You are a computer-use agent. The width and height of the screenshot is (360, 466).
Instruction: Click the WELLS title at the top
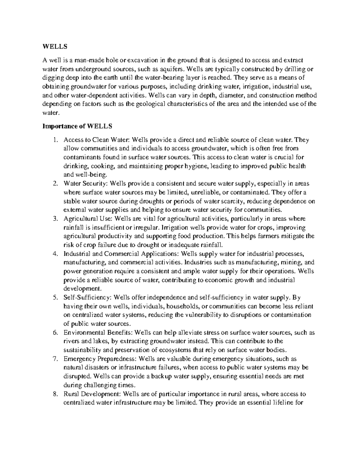[55, 47]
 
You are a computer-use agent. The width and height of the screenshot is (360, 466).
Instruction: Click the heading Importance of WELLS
[77, 126]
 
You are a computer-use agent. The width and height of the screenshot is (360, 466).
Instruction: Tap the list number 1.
[55, 140]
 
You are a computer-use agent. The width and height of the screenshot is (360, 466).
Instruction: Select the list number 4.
[55, 254]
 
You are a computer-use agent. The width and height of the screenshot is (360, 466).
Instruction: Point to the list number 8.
[55, 394]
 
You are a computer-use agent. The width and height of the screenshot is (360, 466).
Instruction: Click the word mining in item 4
[291, 262]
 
